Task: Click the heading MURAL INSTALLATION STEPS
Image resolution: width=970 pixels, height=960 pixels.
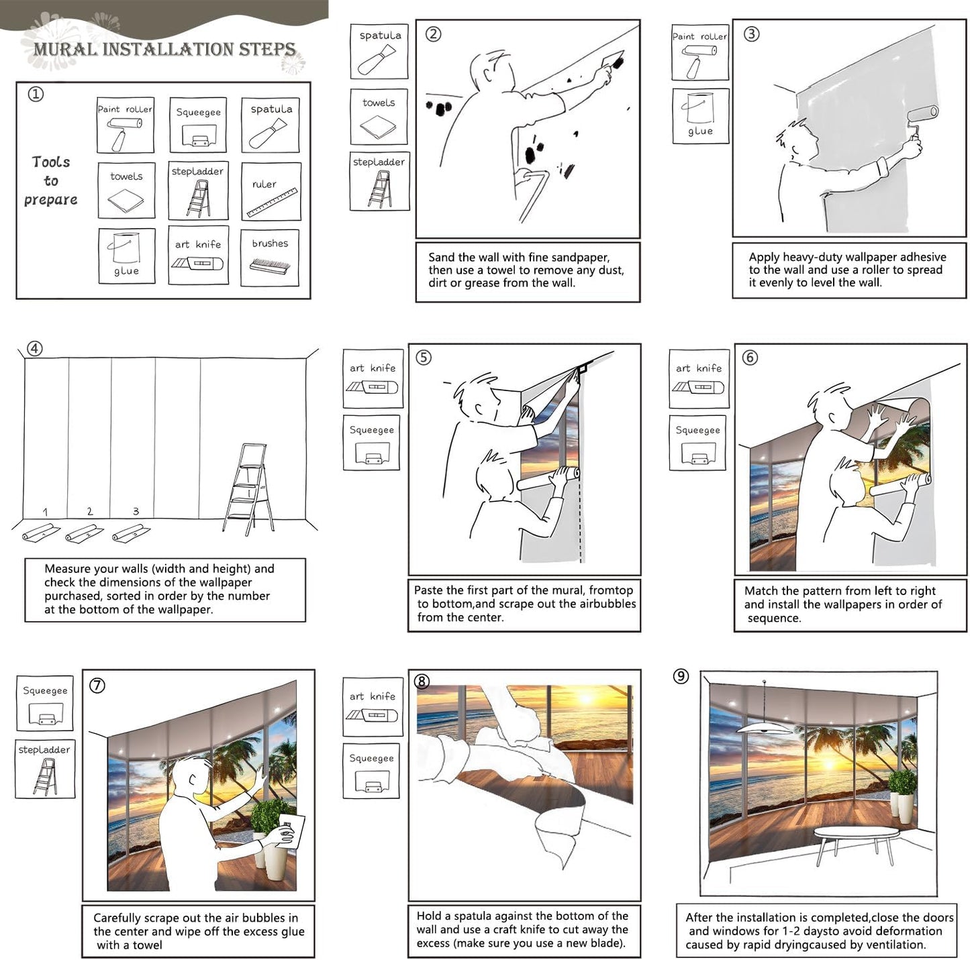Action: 164,49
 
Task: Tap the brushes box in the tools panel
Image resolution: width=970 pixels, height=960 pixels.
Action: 270,258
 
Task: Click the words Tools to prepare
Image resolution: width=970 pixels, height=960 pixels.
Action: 51,181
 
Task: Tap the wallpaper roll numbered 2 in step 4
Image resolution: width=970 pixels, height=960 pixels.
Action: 85,533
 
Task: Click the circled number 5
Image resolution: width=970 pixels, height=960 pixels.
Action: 424,358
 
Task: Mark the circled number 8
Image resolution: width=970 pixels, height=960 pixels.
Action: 422,682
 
